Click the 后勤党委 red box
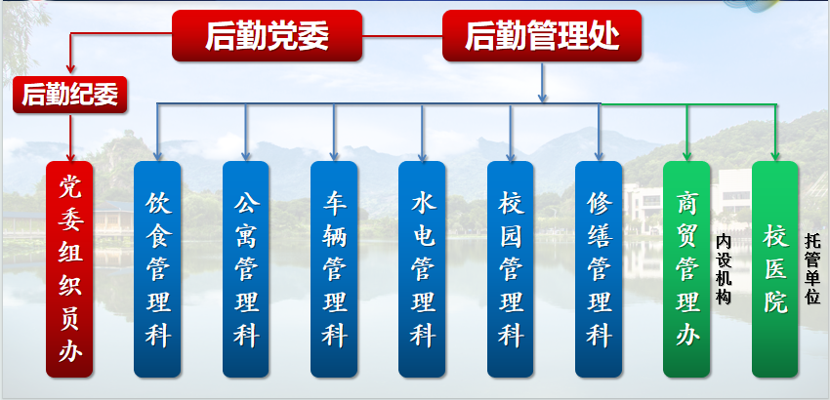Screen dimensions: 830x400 [267, 35]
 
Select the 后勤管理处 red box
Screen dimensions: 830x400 [542, 35]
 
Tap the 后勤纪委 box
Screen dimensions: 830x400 [70, 95]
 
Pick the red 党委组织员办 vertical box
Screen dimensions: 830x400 [69, 269]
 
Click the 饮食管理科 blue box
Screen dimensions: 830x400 [157, 269]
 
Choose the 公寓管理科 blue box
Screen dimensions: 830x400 [246, 269]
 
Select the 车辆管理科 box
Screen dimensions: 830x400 [334, 269]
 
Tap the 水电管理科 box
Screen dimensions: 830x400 [422, 269]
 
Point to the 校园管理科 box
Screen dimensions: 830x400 [511, 269]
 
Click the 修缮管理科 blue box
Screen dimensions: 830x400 [599, 269]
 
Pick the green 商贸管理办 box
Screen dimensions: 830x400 [686, 269]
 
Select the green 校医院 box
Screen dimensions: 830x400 [775, 269]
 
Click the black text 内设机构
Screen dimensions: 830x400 [723, 269]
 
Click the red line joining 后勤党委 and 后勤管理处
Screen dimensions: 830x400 [402, 36]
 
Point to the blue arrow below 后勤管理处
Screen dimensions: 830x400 [542, 82]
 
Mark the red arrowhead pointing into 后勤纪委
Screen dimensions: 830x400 [70, 69]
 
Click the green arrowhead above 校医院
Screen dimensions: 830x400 [775, 156]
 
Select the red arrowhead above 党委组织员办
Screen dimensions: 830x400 [70, 157]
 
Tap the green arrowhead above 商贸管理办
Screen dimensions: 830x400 [686, 156]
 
